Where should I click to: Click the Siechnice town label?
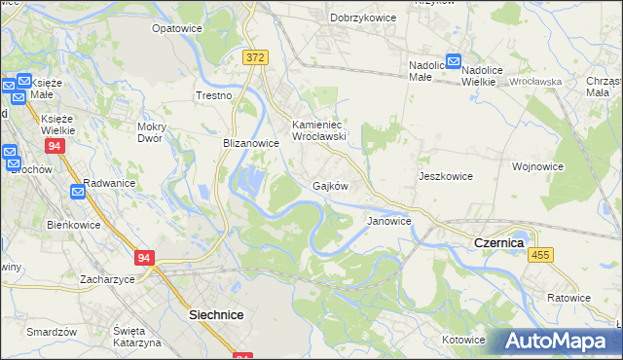pos(215,315)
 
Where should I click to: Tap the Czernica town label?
pos(498,241)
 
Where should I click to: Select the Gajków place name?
pos(330,185)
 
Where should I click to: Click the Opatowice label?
pos(176,28)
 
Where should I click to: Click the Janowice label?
pos(388,221)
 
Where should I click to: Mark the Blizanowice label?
pos(251,142)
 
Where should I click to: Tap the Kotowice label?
pos(462,340)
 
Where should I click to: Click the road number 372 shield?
pos(255,58)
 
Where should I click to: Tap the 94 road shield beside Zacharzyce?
pos(144,258)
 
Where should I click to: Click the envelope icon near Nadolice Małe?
pos(453,60)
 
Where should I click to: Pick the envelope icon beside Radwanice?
pos(77,192)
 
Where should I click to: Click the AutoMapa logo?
pos(562,341)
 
